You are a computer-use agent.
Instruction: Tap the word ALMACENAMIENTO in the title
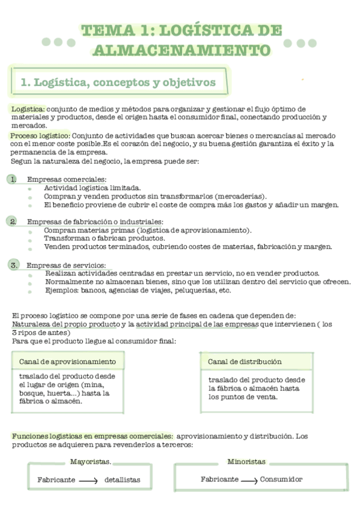point(181,49)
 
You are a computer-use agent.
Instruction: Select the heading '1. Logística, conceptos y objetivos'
point(118,82)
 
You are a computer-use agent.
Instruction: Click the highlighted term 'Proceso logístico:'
point(40,136)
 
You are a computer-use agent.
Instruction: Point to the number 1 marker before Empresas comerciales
point(13,179)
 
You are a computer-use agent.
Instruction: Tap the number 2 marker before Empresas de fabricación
point(13,221)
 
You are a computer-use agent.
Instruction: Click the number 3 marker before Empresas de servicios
point(14,264)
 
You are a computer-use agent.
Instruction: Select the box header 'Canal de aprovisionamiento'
point(67,361)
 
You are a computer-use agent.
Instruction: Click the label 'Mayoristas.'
point(90,461)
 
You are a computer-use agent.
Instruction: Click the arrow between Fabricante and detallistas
point(88,481)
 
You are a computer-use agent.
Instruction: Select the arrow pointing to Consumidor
point(249,481)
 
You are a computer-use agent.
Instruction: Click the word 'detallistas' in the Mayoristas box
point(122,480)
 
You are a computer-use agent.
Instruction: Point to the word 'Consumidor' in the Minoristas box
point(281,479)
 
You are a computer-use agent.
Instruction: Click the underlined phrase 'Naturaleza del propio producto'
point(66,325)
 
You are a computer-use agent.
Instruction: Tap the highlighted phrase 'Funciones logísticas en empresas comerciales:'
point(93,436)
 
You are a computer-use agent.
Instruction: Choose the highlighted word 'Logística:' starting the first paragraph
point(28,109)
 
